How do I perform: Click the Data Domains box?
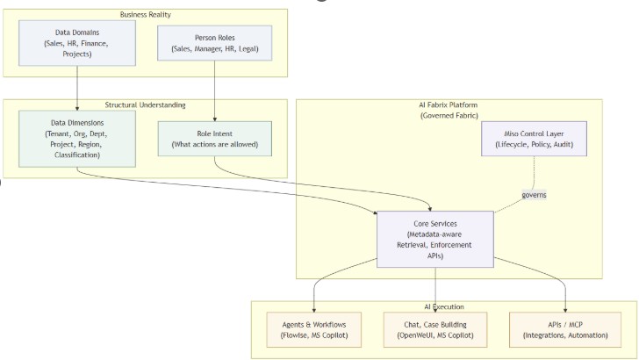(x=77, y=43)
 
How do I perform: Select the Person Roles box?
(x=215, y=43)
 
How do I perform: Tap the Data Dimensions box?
(x=77, y=139)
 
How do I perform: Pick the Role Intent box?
(x=215, y=139)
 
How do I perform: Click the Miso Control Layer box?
(x=534, y=139)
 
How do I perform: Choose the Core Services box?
(x=435, y=240)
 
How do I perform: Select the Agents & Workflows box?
(x=314, y=330)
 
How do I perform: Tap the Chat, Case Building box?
(x=435, y=330)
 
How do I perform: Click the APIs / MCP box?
(x=565, y=330)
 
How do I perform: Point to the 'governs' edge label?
(x=534, y=195)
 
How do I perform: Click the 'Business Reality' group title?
(x=146, y=15)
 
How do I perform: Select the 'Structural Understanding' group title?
(x=146, y=105)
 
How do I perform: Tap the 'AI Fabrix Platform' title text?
(x=449, y=104)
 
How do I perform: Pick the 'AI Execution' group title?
(x=444, y=306)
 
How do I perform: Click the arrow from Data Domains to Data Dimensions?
(x=77, y=88)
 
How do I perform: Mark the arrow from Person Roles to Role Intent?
(x=215, y=91)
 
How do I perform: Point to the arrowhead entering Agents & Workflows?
(x=314, y=310)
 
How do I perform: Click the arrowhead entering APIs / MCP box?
(x=565, y=310)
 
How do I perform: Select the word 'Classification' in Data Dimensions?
(x=76, y=155)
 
